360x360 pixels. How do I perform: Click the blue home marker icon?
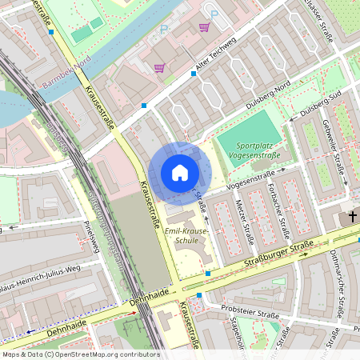point(180,173)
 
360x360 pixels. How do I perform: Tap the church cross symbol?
point(350,217)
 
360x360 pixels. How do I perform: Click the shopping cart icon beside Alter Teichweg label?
point(159,67)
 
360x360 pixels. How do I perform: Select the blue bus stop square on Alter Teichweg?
point(194,74)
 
